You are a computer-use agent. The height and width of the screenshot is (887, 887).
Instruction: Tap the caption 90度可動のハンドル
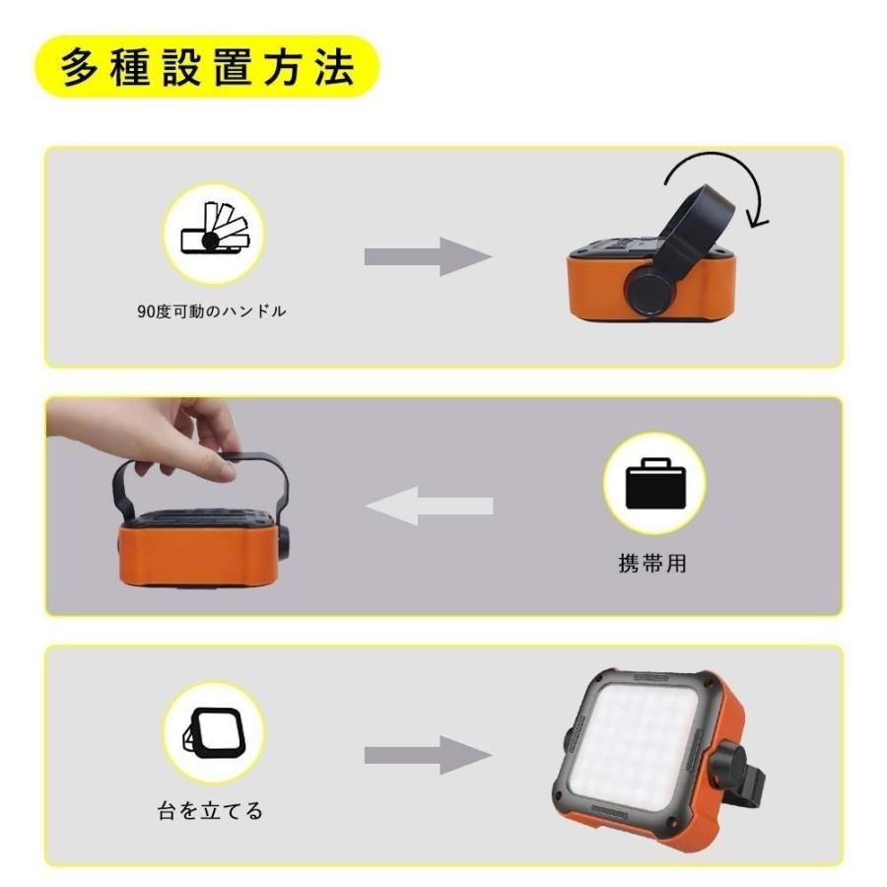pos(212,311)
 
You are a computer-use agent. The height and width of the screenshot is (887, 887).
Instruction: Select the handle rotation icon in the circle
pos(212,234)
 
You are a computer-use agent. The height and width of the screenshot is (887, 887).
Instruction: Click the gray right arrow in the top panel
pos(428,257)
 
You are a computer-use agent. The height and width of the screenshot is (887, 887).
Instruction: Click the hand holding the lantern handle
pos(158,434)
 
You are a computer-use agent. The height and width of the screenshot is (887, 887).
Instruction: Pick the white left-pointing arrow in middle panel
pos(428,507)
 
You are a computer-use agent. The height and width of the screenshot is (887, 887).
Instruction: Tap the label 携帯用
pos(653,564)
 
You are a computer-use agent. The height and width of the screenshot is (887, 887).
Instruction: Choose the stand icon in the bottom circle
pos(212,731)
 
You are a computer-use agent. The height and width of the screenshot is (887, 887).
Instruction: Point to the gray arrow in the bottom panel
pos(428,755)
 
